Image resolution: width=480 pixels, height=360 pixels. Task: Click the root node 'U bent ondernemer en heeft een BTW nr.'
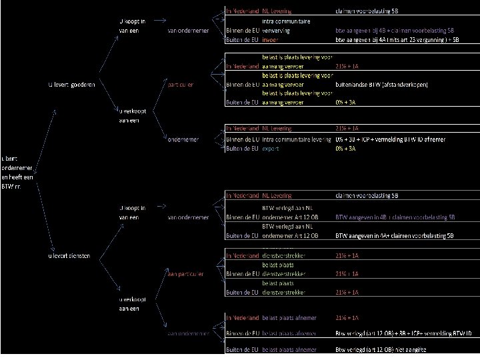[x=14, y=171]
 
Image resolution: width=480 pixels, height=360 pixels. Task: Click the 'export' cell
[x=271, y=149]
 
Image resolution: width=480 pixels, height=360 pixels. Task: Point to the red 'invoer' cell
[x=271, y=40]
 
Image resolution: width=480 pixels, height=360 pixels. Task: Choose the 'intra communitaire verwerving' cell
[x=283, y=26]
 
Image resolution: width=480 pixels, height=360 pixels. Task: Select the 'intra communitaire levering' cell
[x=296, y=139]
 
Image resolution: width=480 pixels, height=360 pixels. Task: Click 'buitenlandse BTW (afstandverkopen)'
[x=382, y=85]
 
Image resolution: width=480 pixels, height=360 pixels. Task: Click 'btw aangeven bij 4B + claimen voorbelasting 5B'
[x=396, y=31]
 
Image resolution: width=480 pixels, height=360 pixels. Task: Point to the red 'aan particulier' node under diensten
[x=186, y=273]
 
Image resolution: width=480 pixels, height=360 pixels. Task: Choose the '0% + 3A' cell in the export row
[x=346, y=149]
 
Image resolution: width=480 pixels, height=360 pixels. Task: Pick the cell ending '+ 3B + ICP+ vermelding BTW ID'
[x=404, y=332]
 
